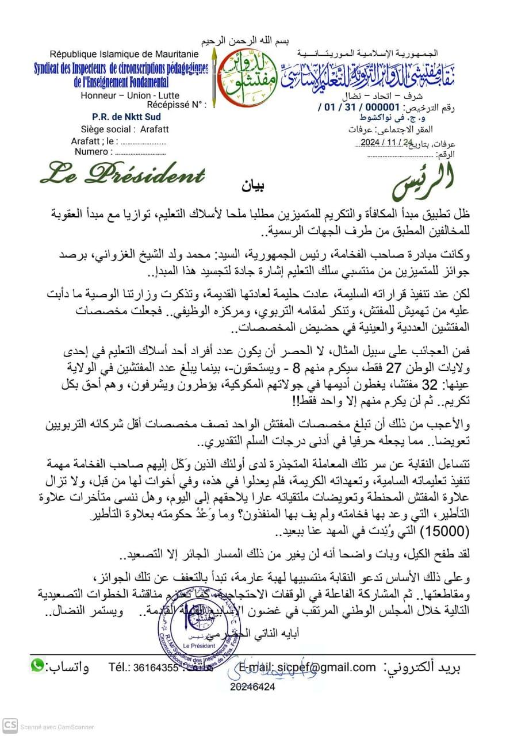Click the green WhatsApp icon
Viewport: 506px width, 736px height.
pos(37,665)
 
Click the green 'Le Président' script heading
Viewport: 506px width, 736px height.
pos(122,173)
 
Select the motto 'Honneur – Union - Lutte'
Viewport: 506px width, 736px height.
pos(131,95)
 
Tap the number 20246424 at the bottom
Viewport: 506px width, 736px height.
pos(252,687)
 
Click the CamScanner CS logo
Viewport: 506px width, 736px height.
pos(9,726)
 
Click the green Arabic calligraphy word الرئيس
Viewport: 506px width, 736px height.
pos(424,180)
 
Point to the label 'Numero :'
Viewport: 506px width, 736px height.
pos(92,152)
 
